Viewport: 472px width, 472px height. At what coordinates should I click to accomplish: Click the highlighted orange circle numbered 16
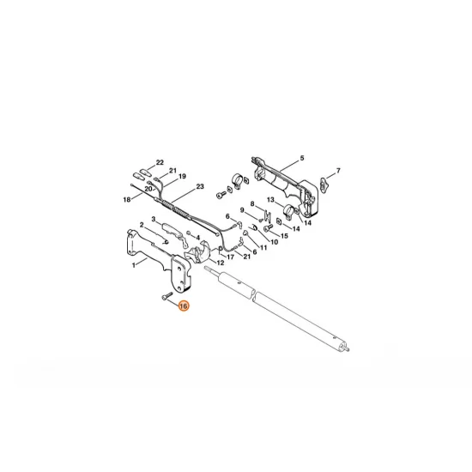pyautogui.click(x=184, y=306)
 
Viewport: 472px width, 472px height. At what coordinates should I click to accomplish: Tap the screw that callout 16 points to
pyautogui.click(x=166, y=295)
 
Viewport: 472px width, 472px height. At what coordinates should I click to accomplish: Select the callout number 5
pyautogui.click(x=302, y=158)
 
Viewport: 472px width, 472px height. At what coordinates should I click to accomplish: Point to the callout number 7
pyautogui.click(x=338, y=171)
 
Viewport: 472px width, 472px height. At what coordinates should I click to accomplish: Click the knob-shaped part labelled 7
pyautogui.click(x=324, y=183)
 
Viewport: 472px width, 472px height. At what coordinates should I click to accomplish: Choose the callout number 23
pyautogui.click(x=200, y=186)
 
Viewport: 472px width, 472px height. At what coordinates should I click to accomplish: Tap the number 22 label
pyautogui.click(x=160, y=162)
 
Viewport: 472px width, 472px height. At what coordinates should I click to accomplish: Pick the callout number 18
pyautogui.click(x=127, y=199)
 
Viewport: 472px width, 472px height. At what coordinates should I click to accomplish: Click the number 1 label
pyautogui.click(x=134, y=265)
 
